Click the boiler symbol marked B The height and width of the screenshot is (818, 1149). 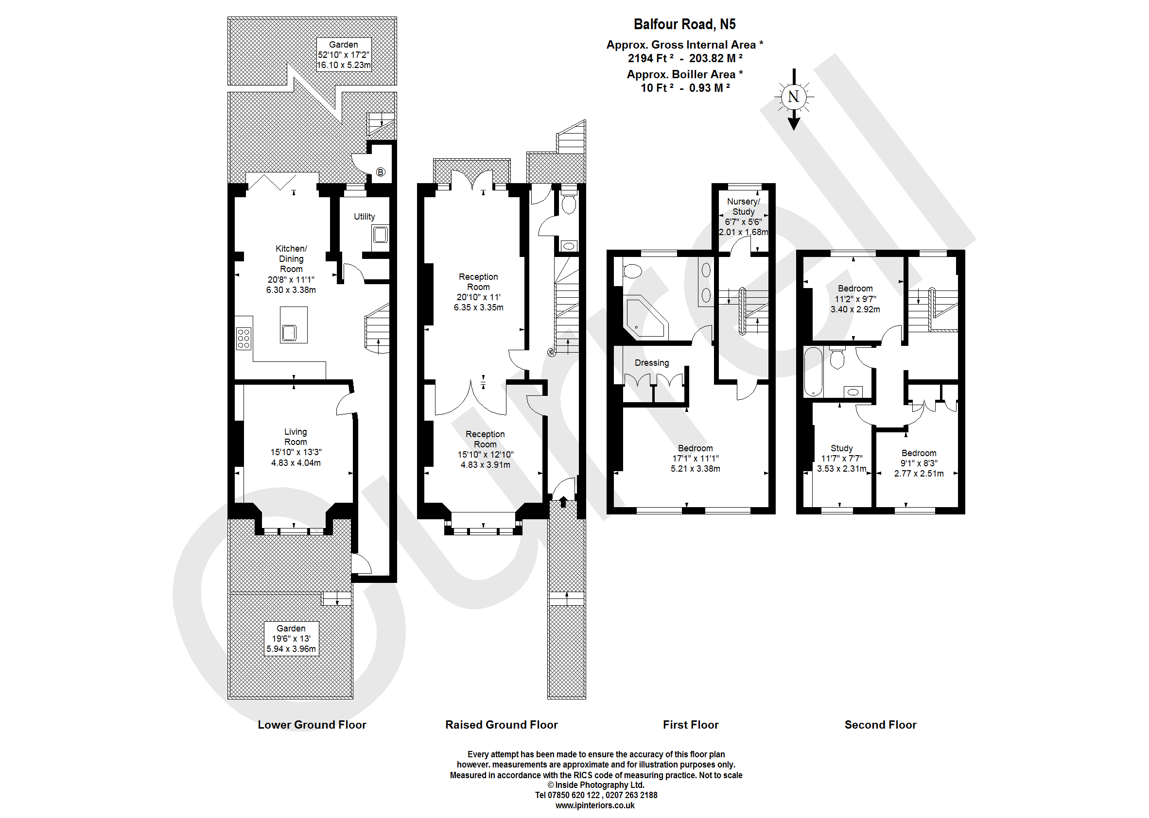point(381,172)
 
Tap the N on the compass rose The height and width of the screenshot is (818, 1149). point(793,96)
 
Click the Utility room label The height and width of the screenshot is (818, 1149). point(364,217)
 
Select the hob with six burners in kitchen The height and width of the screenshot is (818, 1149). point(244,339)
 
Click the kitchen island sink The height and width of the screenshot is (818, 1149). point(289,333)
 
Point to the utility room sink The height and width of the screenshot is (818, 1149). point(380,235)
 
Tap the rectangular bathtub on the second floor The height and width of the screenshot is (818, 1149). point(813,372)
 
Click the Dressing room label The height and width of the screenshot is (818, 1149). point(652,363)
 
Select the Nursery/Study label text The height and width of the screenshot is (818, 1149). point(743,206)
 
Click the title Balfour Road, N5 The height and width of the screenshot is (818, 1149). point(684,24)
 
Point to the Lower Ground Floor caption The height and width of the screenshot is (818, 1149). point(312,725)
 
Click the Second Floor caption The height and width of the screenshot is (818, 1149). point(880,725)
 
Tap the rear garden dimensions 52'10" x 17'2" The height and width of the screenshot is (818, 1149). point(343,55)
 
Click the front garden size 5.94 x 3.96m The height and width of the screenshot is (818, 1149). point(291,649)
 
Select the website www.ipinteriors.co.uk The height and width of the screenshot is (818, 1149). point(595,805)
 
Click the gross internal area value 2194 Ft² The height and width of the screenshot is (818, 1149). point(650,58)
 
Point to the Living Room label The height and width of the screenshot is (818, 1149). point(296,437)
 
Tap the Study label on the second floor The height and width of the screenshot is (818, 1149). point(842,448)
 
